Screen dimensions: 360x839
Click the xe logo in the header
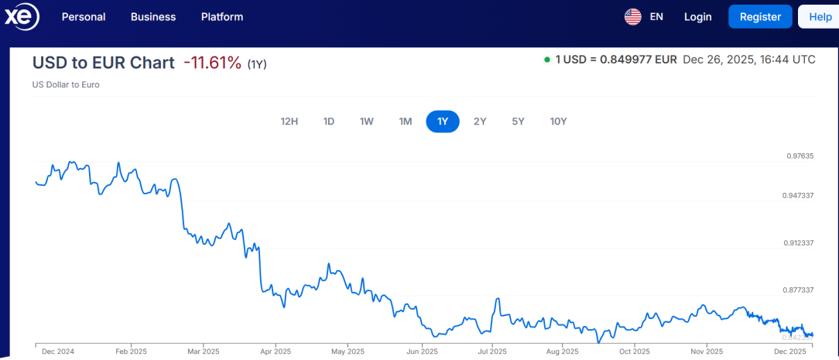coord(21,17)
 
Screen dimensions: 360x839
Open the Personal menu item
coord(84,17)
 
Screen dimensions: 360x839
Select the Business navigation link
coord(153,17)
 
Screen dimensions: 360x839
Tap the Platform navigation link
coord(222,17)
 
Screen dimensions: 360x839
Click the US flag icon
coord(633,17)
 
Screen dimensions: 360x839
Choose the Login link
coord(697,17)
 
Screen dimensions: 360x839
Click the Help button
coord(820,17)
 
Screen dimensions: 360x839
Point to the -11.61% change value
coord(212,63)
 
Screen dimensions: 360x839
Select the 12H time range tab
coord(289,122)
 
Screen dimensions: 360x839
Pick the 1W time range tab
coord(367,122)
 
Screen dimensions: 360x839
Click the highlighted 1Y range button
coord(443,122)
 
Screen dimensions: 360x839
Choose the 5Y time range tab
coord(519,122)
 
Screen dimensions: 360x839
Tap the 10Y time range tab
coord(558,122)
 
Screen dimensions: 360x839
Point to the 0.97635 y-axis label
coord(800,156)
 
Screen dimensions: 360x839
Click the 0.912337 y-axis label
coord(798,243)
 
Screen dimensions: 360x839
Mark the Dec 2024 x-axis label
coord(58,351)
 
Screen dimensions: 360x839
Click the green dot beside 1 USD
coord(547,60)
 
